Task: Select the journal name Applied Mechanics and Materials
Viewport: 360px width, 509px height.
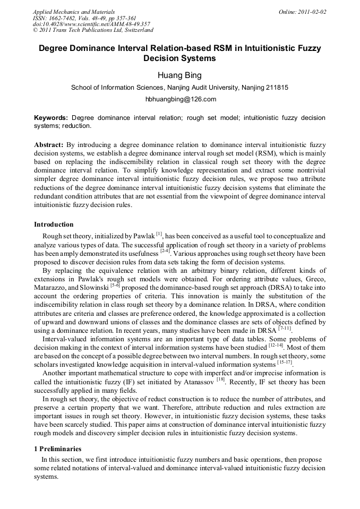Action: [74, 12]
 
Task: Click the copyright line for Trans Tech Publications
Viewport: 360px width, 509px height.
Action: [93, 30]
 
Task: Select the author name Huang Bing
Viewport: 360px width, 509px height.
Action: [179, 75]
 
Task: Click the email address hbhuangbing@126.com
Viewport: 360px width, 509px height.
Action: [180, 99]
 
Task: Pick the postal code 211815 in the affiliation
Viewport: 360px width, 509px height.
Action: [276, 88]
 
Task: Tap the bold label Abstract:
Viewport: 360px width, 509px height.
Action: [49, 144]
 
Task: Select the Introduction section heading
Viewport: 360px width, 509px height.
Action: [54, 225]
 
